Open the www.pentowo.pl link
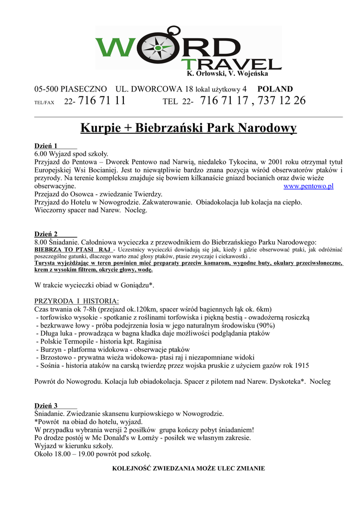(x=308, y=186)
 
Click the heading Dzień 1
(x=46, y=146)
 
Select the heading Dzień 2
(x=46, y=234)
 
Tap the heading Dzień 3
(x=46, y=406)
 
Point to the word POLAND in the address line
(x=275, y=89)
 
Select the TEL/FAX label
(x=44, y=102)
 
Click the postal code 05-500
(x=46, y=89)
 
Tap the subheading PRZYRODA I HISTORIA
(x=77, y=301)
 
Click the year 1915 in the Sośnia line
(x=300, y=366)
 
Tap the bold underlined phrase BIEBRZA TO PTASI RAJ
(x=73, y=249)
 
